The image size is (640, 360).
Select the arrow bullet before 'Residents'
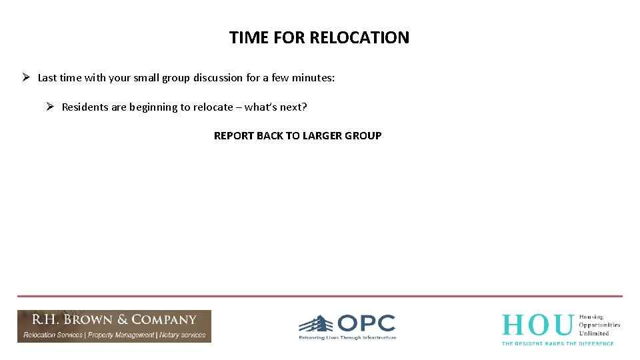point(50,107)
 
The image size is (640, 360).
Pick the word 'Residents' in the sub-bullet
point(85,107)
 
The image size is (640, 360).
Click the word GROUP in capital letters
point(363,136)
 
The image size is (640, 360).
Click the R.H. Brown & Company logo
point(114,326)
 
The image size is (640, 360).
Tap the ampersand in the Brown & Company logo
point(122,320)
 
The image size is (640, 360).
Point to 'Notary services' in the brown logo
point(182,335)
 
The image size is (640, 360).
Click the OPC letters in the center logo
point(366,324)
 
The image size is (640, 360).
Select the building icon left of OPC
point(316,324)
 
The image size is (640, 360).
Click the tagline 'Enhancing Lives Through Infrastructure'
point(347,338)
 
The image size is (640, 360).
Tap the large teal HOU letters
point(537,325)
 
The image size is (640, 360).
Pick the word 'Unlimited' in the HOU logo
point(595,333)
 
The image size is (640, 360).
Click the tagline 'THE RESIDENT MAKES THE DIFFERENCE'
point(557,343)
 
